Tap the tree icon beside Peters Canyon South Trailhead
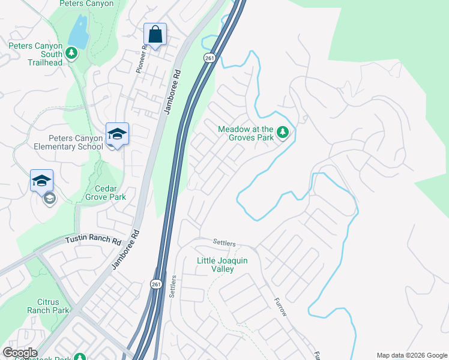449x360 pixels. [71, 53]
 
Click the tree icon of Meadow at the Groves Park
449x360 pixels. [283, 132]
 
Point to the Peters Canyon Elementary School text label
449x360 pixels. [59, 142]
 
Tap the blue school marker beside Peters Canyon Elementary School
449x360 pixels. [117, 134]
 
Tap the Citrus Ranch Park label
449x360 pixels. [48, 307]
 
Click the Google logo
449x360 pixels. [20, 353]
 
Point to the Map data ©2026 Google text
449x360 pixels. [411, 355]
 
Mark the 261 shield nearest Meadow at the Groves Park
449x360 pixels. [209, 58]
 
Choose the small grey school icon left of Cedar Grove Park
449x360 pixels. [49, 199]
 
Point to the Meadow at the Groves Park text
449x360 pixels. [246, 133]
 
